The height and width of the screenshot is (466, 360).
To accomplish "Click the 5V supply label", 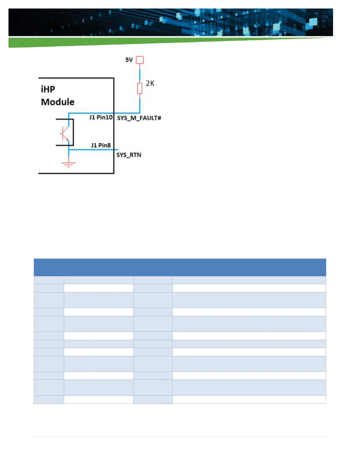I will [129, 60].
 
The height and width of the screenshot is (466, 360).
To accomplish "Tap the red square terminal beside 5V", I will [140, 60].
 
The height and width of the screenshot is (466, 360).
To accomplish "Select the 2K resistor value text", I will [150, 84].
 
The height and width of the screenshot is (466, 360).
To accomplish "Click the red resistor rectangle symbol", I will [140, 88].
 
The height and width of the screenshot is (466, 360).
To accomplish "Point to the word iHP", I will [48, 89].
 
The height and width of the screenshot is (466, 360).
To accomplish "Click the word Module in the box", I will [58, 102].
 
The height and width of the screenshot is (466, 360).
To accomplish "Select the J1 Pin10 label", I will [101, 117].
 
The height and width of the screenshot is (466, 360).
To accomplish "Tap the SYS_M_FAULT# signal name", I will [139, 118].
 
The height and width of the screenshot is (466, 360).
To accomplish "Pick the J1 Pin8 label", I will [101, 145].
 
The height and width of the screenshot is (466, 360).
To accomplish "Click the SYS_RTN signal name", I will [129, 155].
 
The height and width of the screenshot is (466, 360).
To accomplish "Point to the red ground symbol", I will [69, 164].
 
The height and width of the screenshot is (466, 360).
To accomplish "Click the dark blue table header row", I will [180, 267].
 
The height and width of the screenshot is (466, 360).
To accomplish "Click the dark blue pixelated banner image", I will [171, 22].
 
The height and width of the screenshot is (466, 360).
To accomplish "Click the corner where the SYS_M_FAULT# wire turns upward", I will [140, 113].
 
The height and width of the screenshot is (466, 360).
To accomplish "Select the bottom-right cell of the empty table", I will [249, 400].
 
